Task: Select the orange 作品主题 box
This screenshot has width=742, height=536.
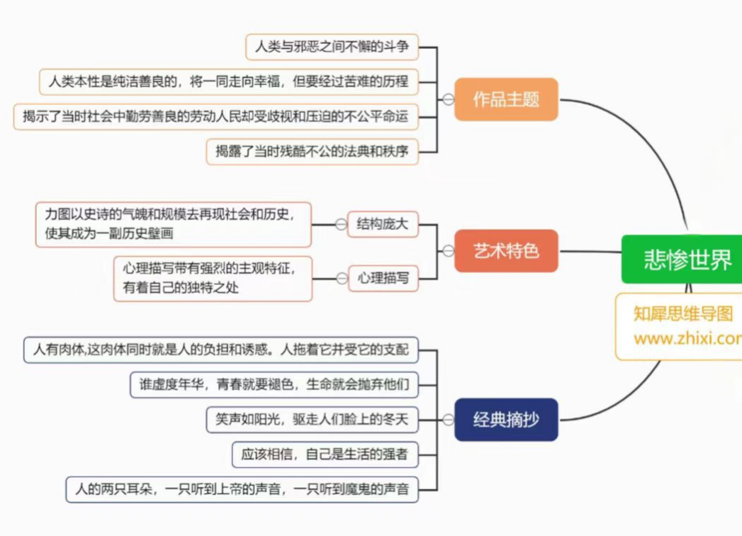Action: click(506, 99)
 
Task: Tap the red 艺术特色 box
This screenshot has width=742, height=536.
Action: click(506, 250)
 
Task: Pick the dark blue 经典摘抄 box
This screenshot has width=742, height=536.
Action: click(506, 419)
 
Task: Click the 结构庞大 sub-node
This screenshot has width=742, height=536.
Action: click(383, 225)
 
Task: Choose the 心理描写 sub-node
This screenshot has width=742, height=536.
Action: click(383, 278)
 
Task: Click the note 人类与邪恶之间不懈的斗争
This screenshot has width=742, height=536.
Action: click(332, 48)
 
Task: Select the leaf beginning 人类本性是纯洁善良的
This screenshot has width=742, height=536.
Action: click(229, 82)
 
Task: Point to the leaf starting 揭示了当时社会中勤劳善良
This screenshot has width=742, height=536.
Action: click(215, 116)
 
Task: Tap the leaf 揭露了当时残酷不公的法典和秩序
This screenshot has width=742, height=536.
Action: click(313, 151)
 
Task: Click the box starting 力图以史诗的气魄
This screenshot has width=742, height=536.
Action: click(174, 224)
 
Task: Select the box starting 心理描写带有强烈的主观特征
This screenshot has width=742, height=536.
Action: click(213, 278)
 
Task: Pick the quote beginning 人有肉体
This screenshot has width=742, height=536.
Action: click(220, 350)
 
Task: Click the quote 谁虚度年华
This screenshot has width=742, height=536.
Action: click(274, 385)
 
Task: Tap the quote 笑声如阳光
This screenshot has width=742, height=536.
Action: click(313, 420)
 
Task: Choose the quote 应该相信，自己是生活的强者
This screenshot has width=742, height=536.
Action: click(325, 454)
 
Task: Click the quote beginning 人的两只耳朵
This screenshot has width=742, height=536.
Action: click(242, 489)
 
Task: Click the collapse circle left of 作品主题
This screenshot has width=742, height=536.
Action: click(448, 99)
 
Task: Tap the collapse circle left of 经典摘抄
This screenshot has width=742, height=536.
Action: click(448, 420)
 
